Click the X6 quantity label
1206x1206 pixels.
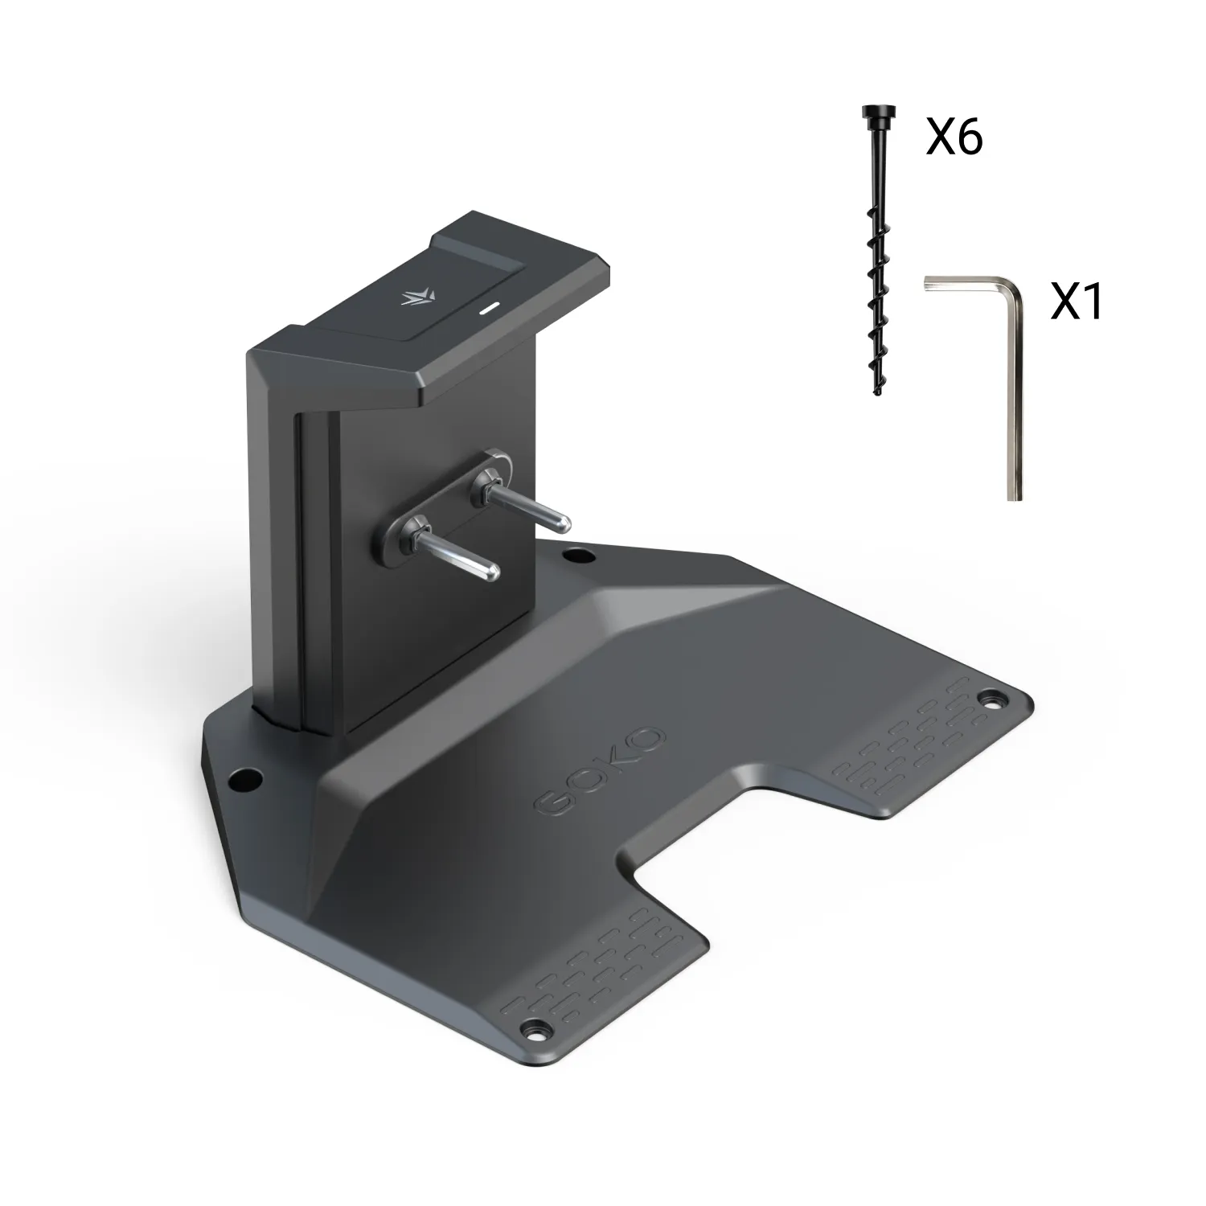point(954,138)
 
